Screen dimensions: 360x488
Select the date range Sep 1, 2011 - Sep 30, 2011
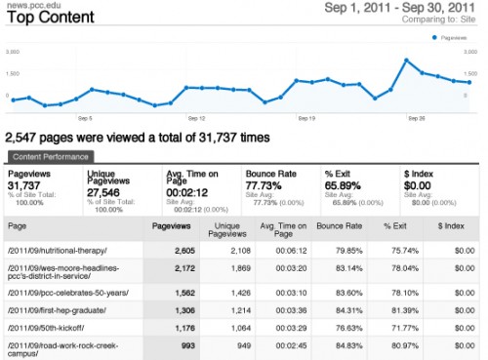click(407, 9)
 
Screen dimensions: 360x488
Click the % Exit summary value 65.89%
click(344, 184)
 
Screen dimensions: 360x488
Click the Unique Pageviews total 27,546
click(105, 184)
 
